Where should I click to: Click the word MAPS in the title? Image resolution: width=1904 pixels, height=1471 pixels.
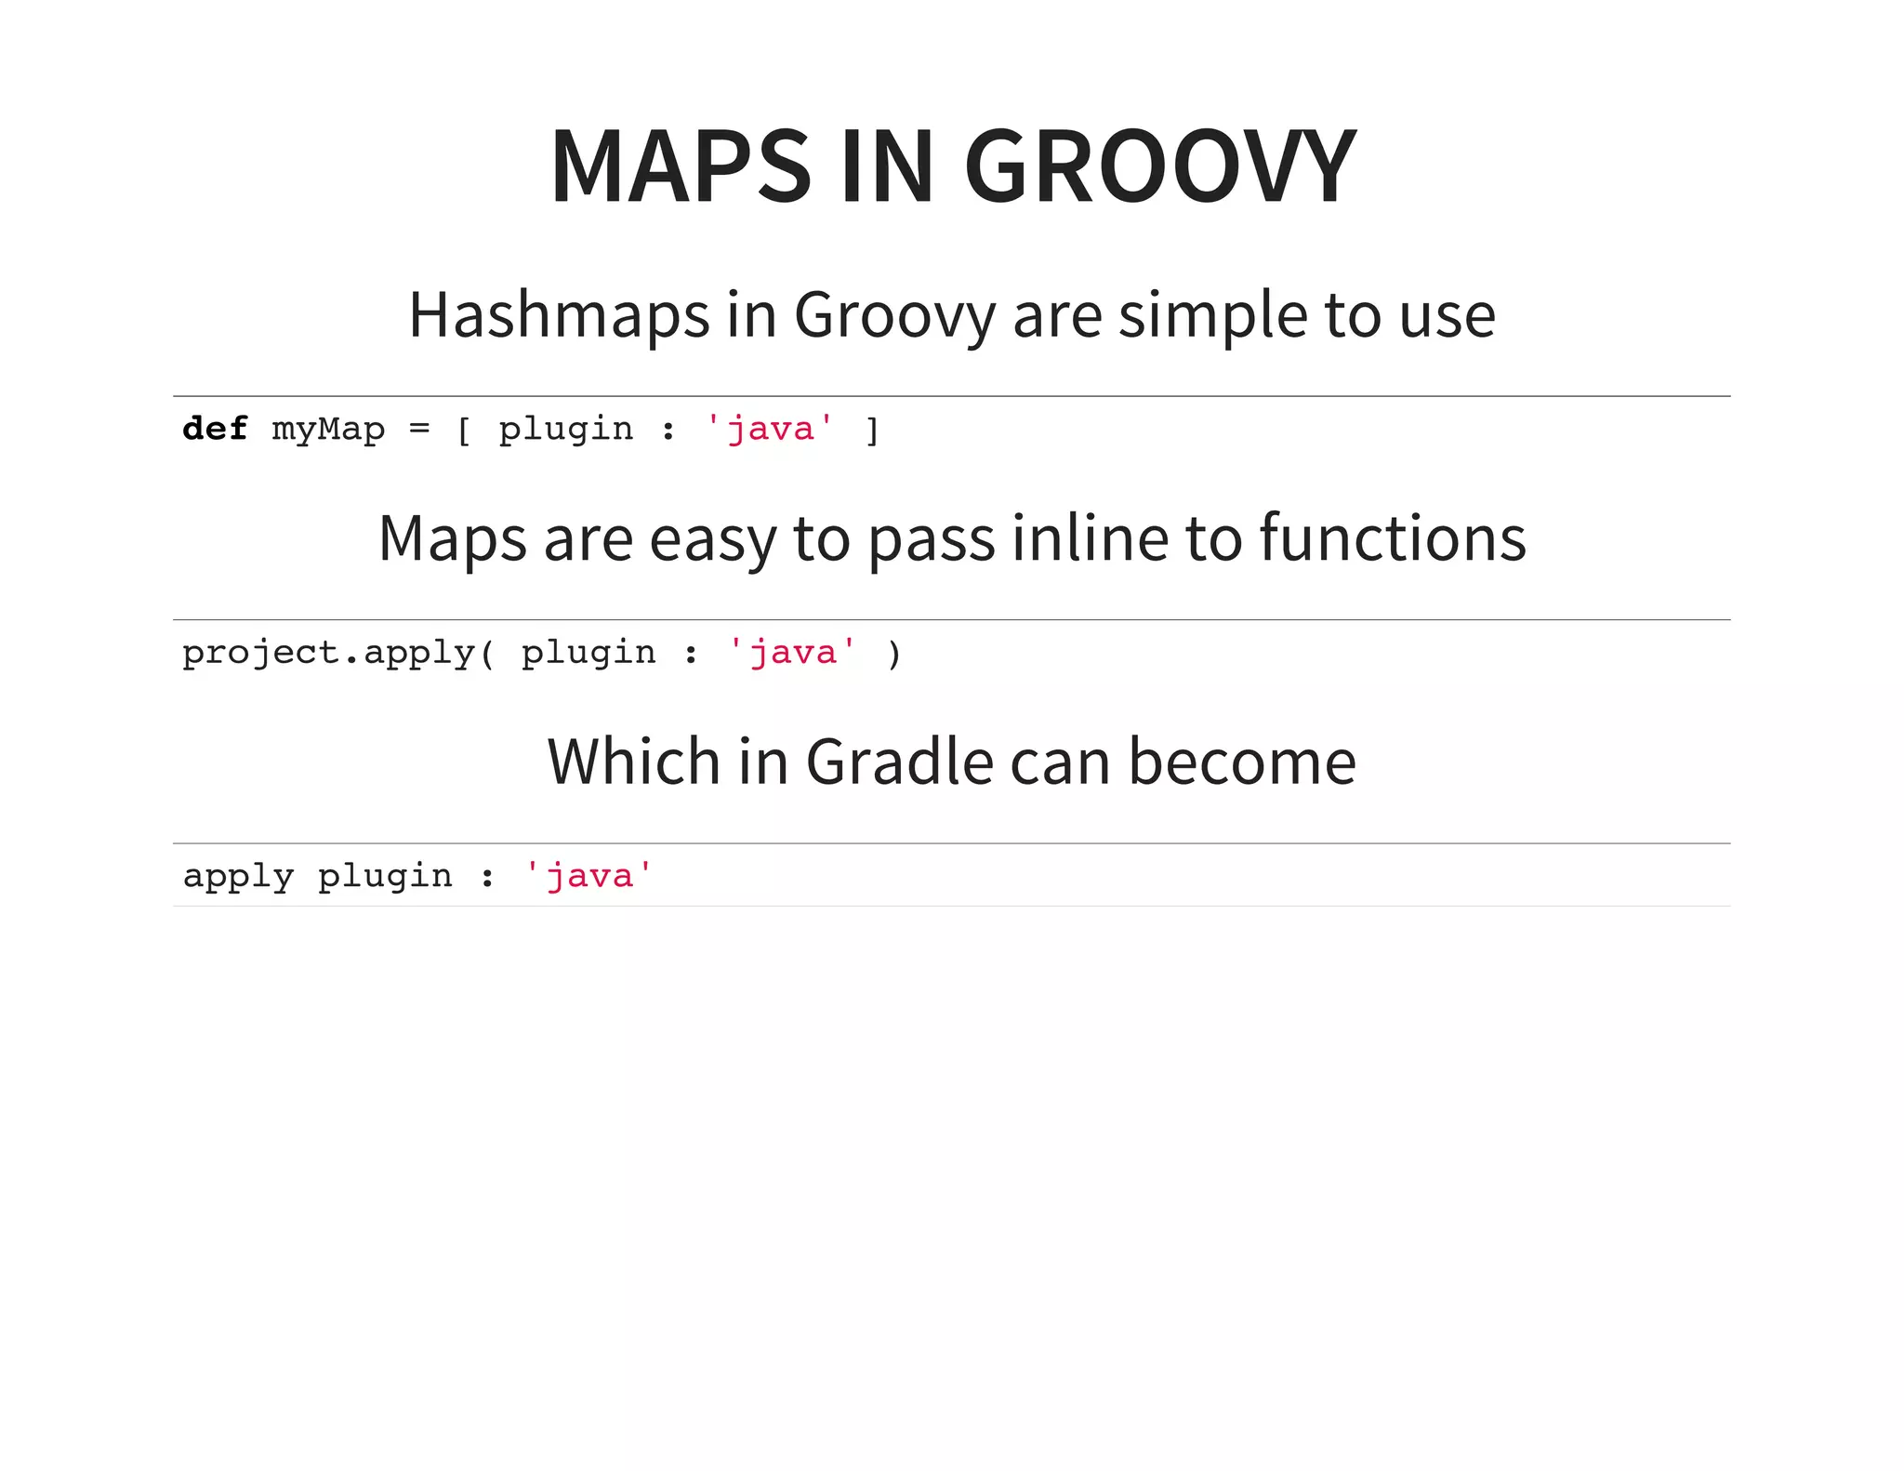[681, 167]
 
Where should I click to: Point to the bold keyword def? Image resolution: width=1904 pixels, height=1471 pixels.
[215, 429]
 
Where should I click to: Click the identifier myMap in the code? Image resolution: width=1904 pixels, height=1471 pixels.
[328, 430]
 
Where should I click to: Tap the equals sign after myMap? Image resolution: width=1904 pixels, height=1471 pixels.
[419, 430]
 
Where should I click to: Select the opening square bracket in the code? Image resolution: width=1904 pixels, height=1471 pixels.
[464, 431]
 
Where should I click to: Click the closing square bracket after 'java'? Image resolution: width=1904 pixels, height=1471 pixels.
[872, 431]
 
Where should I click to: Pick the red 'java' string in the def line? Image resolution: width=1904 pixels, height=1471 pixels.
[770, 429]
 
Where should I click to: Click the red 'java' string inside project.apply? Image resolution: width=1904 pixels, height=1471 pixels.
[792, 653]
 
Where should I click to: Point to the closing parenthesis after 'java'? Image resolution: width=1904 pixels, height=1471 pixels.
[894, 654]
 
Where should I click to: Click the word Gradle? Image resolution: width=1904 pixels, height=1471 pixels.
[899, 762]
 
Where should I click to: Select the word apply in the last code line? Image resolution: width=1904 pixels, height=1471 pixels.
[238, 877]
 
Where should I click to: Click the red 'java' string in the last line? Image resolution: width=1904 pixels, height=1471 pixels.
[588, 876]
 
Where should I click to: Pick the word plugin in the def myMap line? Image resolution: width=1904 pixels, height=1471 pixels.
[565, 430]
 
